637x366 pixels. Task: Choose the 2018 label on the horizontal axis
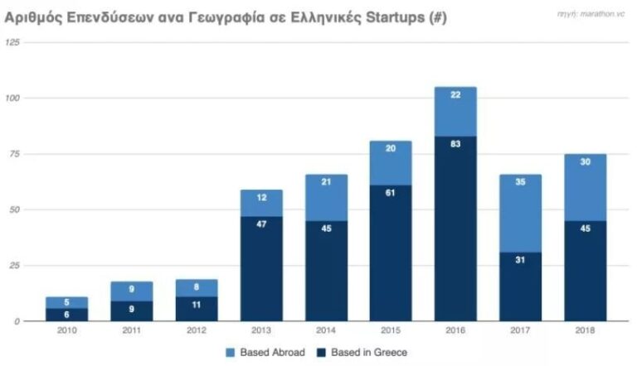[585, 330]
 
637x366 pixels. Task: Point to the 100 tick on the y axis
[12, 98]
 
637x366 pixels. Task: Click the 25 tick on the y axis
[13, 265]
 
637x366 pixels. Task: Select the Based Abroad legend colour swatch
[230, 353]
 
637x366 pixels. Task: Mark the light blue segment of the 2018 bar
[585, 187]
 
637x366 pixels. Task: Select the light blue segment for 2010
[67, 302]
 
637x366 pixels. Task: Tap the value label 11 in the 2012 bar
[197, 305]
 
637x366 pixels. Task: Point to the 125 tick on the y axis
[12, 42]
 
